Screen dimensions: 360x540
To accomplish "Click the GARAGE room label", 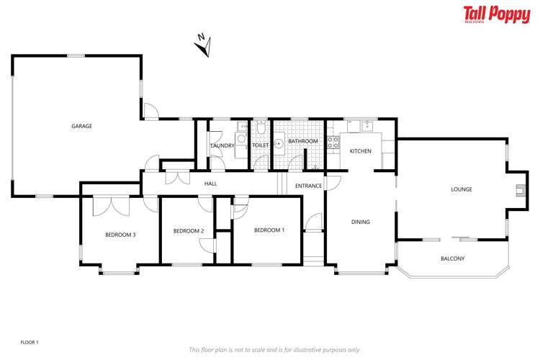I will tap(81, 126).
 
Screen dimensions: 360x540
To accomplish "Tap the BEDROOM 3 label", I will tap(120, 235).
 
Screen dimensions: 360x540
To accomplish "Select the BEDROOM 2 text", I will tap(189, 230).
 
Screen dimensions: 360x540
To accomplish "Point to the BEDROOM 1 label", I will tap(269, 230).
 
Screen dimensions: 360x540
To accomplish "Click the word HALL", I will tap(210, 184).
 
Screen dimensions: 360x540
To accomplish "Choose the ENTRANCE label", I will tap(308, 186).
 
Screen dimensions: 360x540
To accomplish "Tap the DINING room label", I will tap(360, 222).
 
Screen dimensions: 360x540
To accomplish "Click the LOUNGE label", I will tap(461, 189).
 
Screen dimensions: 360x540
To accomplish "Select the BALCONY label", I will tap(452, 258).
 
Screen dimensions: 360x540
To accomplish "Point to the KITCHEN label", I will tap(360, 151).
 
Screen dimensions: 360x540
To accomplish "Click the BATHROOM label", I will tap(302, 141).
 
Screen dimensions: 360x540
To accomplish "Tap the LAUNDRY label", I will tap(222, 146).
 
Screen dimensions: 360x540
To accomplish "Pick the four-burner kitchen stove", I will tap(333, 143).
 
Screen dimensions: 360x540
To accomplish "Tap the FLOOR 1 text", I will tap(29, 342).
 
